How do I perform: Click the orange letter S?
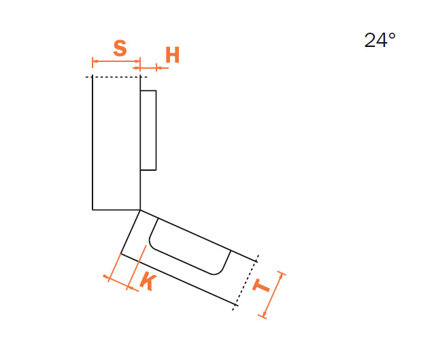coord(120,48)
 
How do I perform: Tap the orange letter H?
coord(172,55)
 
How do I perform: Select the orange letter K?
coord(148,281)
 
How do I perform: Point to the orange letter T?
coord(261,285)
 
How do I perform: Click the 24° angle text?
coord(380,40)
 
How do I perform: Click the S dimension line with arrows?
coord(116,61)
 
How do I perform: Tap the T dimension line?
coord(273,295)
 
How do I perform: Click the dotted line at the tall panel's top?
coord(116,77)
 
